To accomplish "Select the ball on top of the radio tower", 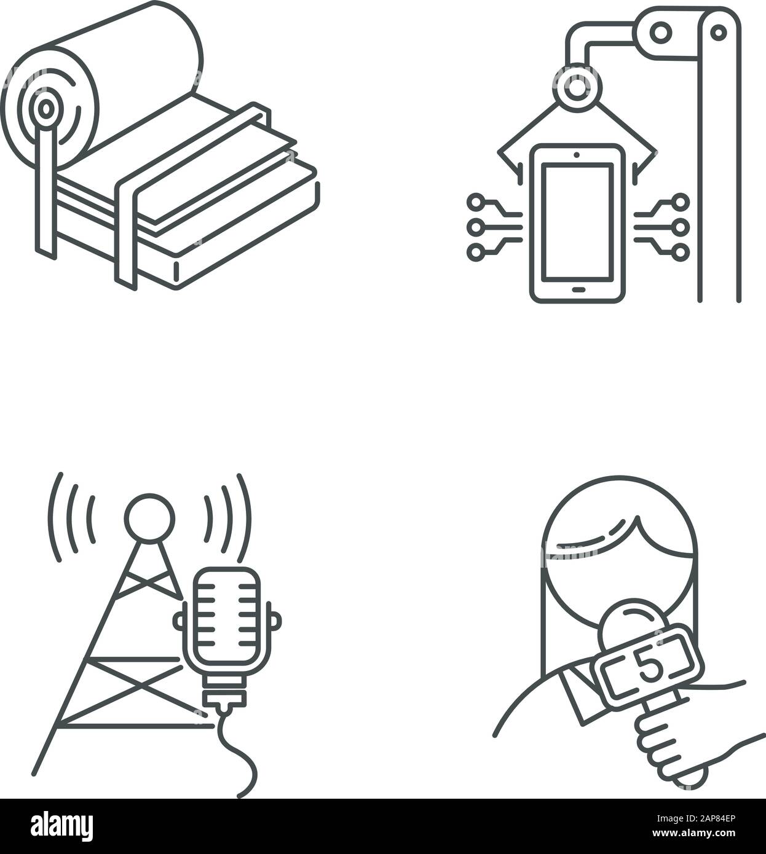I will (149, 518).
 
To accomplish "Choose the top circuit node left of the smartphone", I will (475, 202).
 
